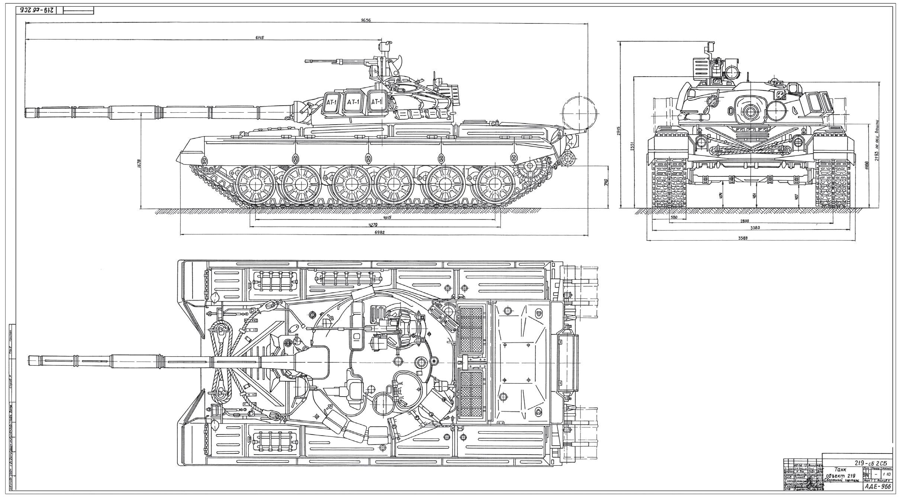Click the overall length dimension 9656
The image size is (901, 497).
365,20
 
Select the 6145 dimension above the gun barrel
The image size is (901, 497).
260,37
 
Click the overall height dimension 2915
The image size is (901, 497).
618,131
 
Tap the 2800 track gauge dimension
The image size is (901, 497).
744,221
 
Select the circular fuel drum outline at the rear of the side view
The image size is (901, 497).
580,112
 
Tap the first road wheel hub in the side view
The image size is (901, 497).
254,185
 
